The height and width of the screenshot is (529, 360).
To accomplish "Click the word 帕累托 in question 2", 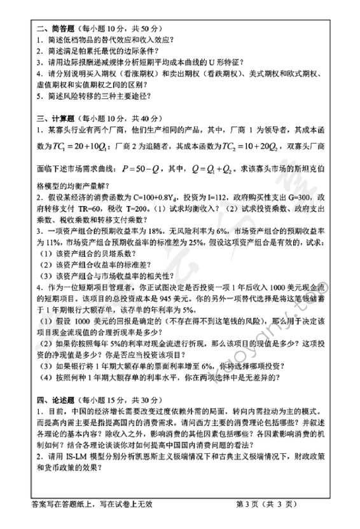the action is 88,51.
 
